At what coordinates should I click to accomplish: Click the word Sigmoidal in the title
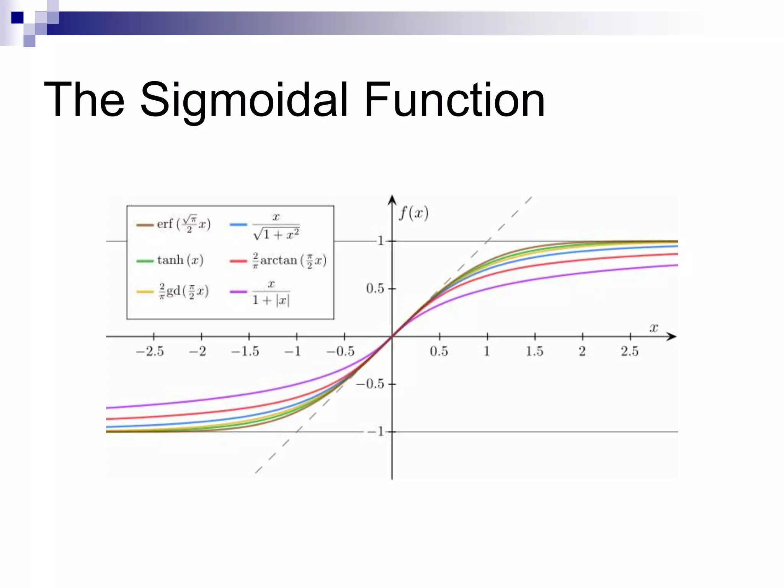244,100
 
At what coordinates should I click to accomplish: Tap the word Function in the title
454,100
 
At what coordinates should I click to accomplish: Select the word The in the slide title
84,100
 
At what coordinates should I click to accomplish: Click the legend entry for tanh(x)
180,260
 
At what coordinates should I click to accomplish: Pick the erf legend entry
183,224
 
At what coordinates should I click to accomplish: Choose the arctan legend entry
289,261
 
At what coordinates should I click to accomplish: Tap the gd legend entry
183,292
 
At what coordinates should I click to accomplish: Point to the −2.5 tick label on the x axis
150,351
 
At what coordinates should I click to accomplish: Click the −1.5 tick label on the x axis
245,351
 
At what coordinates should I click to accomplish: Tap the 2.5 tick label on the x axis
630,351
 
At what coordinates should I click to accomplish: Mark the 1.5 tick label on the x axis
534,351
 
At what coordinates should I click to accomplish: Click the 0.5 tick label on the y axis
375,289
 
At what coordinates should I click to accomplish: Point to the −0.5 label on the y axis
370,384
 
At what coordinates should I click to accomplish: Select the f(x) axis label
413,213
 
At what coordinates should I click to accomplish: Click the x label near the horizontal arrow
654,328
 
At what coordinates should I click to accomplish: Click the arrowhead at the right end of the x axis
672,336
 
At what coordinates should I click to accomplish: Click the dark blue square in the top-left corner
17,18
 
